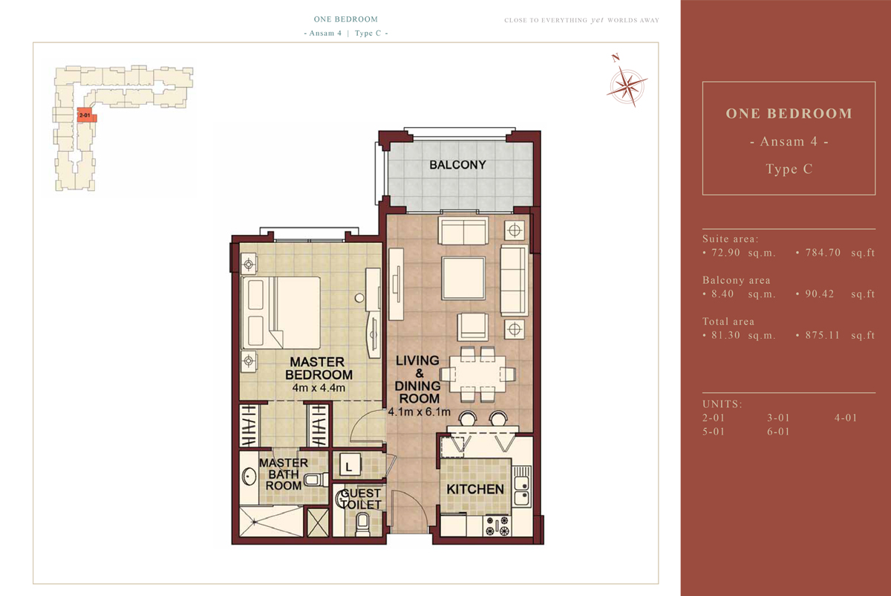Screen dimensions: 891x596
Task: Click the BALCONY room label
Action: click(x=457, y=165)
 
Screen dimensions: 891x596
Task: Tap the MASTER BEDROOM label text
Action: click(x=319, y=369)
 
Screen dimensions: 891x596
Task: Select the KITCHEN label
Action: click(x=475, y=489)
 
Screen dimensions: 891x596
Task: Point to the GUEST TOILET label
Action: click(x=361, y=499)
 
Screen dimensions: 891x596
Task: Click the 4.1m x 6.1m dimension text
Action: click(x=419, y=412)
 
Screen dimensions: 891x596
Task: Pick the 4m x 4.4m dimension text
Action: click(x=319, y=388)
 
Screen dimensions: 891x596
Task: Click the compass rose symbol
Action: click(x=627, y=85)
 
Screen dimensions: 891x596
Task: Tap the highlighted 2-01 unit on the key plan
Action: click(x=86, y=115)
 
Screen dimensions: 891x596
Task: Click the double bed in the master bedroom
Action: click(x=281, y=313)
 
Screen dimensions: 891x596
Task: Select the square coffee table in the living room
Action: click(x=463, y=278)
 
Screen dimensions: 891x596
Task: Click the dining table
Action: click(x=477, y=374)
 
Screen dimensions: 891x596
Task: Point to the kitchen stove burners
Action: click(x=497, y=526)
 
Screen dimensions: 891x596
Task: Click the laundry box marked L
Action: click(x=349, y=465)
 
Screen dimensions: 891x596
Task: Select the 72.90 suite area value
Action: click(x=725, y=253)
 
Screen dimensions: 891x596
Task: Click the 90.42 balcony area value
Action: click(x=820, y=294)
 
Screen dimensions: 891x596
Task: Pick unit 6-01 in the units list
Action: click(x=778, y=432)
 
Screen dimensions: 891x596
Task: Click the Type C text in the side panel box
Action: click(x=789, y=169)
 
